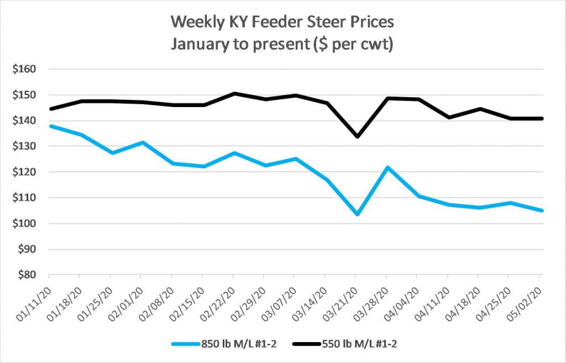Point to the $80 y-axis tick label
[x=26, y=275]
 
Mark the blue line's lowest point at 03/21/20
[x=358, y=214]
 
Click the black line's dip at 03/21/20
[x=358, y=136]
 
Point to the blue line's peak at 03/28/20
[x=388, y=167]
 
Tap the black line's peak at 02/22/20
[x=234, y=93]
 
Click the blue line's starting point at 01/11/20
[x=50, y=126]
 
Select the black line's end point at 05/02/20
[x=542, y=119]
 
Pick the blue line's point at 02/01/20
[x=143, y=142]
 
